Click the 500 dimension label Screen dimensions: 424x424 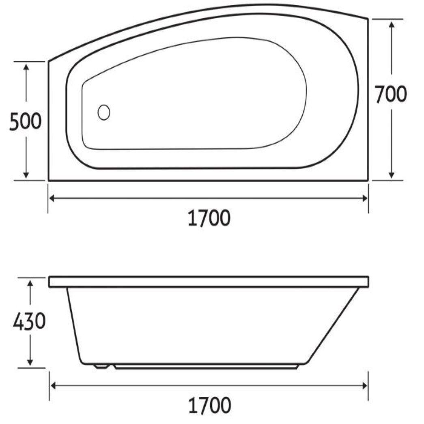pyautogui.click(x=26, y=121)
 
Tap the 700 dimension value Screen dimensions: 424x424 pyautogui.click(x=390, y=95)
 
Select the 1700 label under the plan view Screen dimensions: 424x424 pyautogui.click(x=209, y=218)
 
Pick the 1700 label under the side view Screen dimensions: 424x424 pyautogui.click(x=209, y=405)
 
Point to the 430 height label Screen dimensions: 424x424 pyautogui.click(x=29, y=323)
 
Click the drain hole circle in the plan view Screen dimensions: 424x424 pyautogui.click(x=104, y=112)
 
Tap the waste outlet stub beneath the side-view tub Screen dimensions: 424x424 pyautogui.click(x=101, y=366)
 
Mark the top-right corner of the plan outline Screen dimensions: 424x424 pyautogui.click(x=368, y=19)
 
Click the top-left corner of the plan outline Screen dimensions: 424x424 pyautogui.click(x=49, y=62)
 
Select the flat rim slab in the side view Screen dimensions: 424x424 pyautogui.click(x=209, y=282)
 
